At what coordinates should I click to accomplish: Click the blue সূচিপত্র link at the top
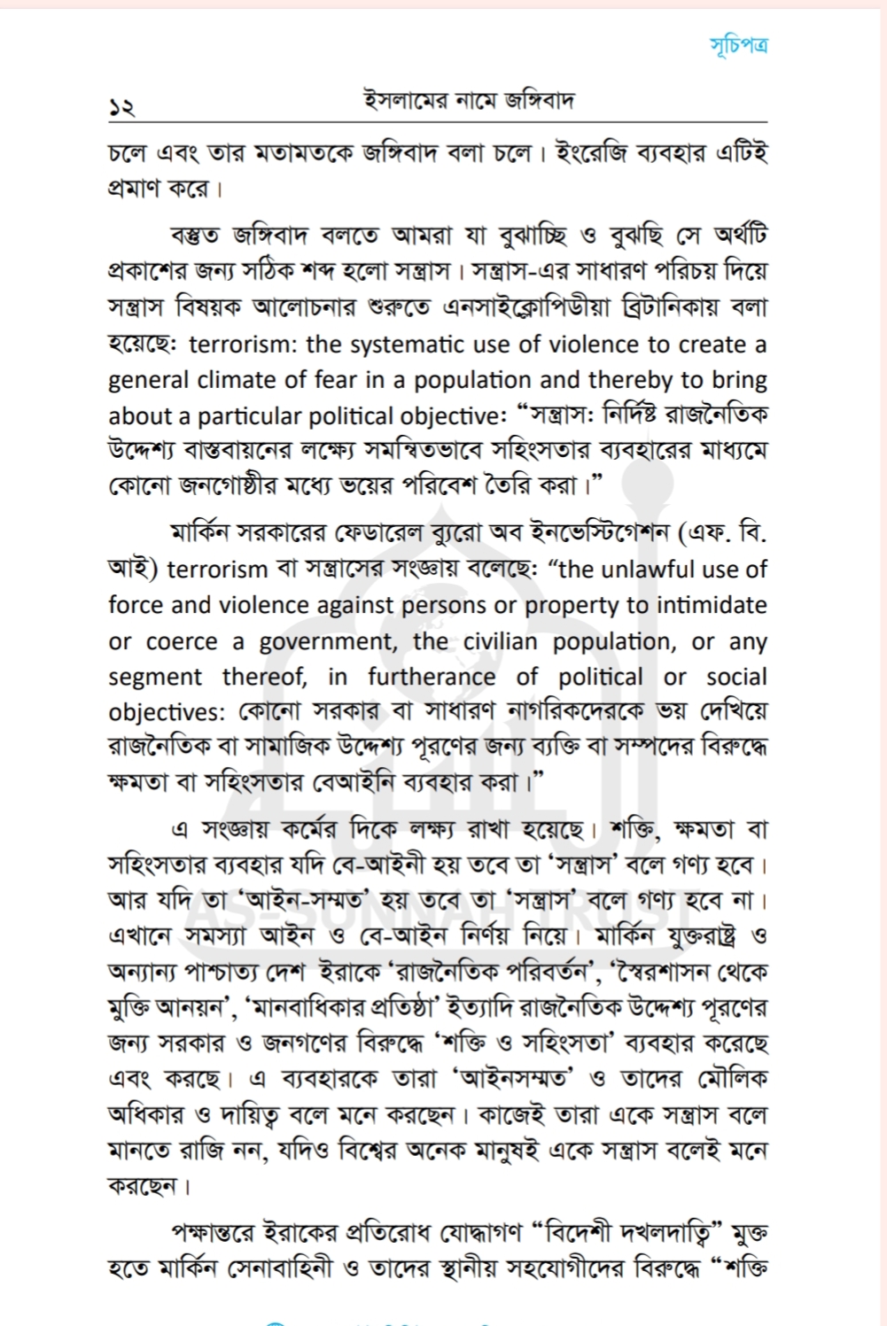(739, 45)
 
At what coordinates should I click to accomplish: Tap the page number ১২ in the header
(121, 107)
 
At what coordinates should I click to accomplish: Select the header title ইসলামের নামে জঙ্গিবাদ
(469, 100)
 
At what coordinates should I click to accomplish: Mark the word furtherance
(432, 678)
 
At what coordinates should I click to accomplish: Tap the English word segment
(155, 678)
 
